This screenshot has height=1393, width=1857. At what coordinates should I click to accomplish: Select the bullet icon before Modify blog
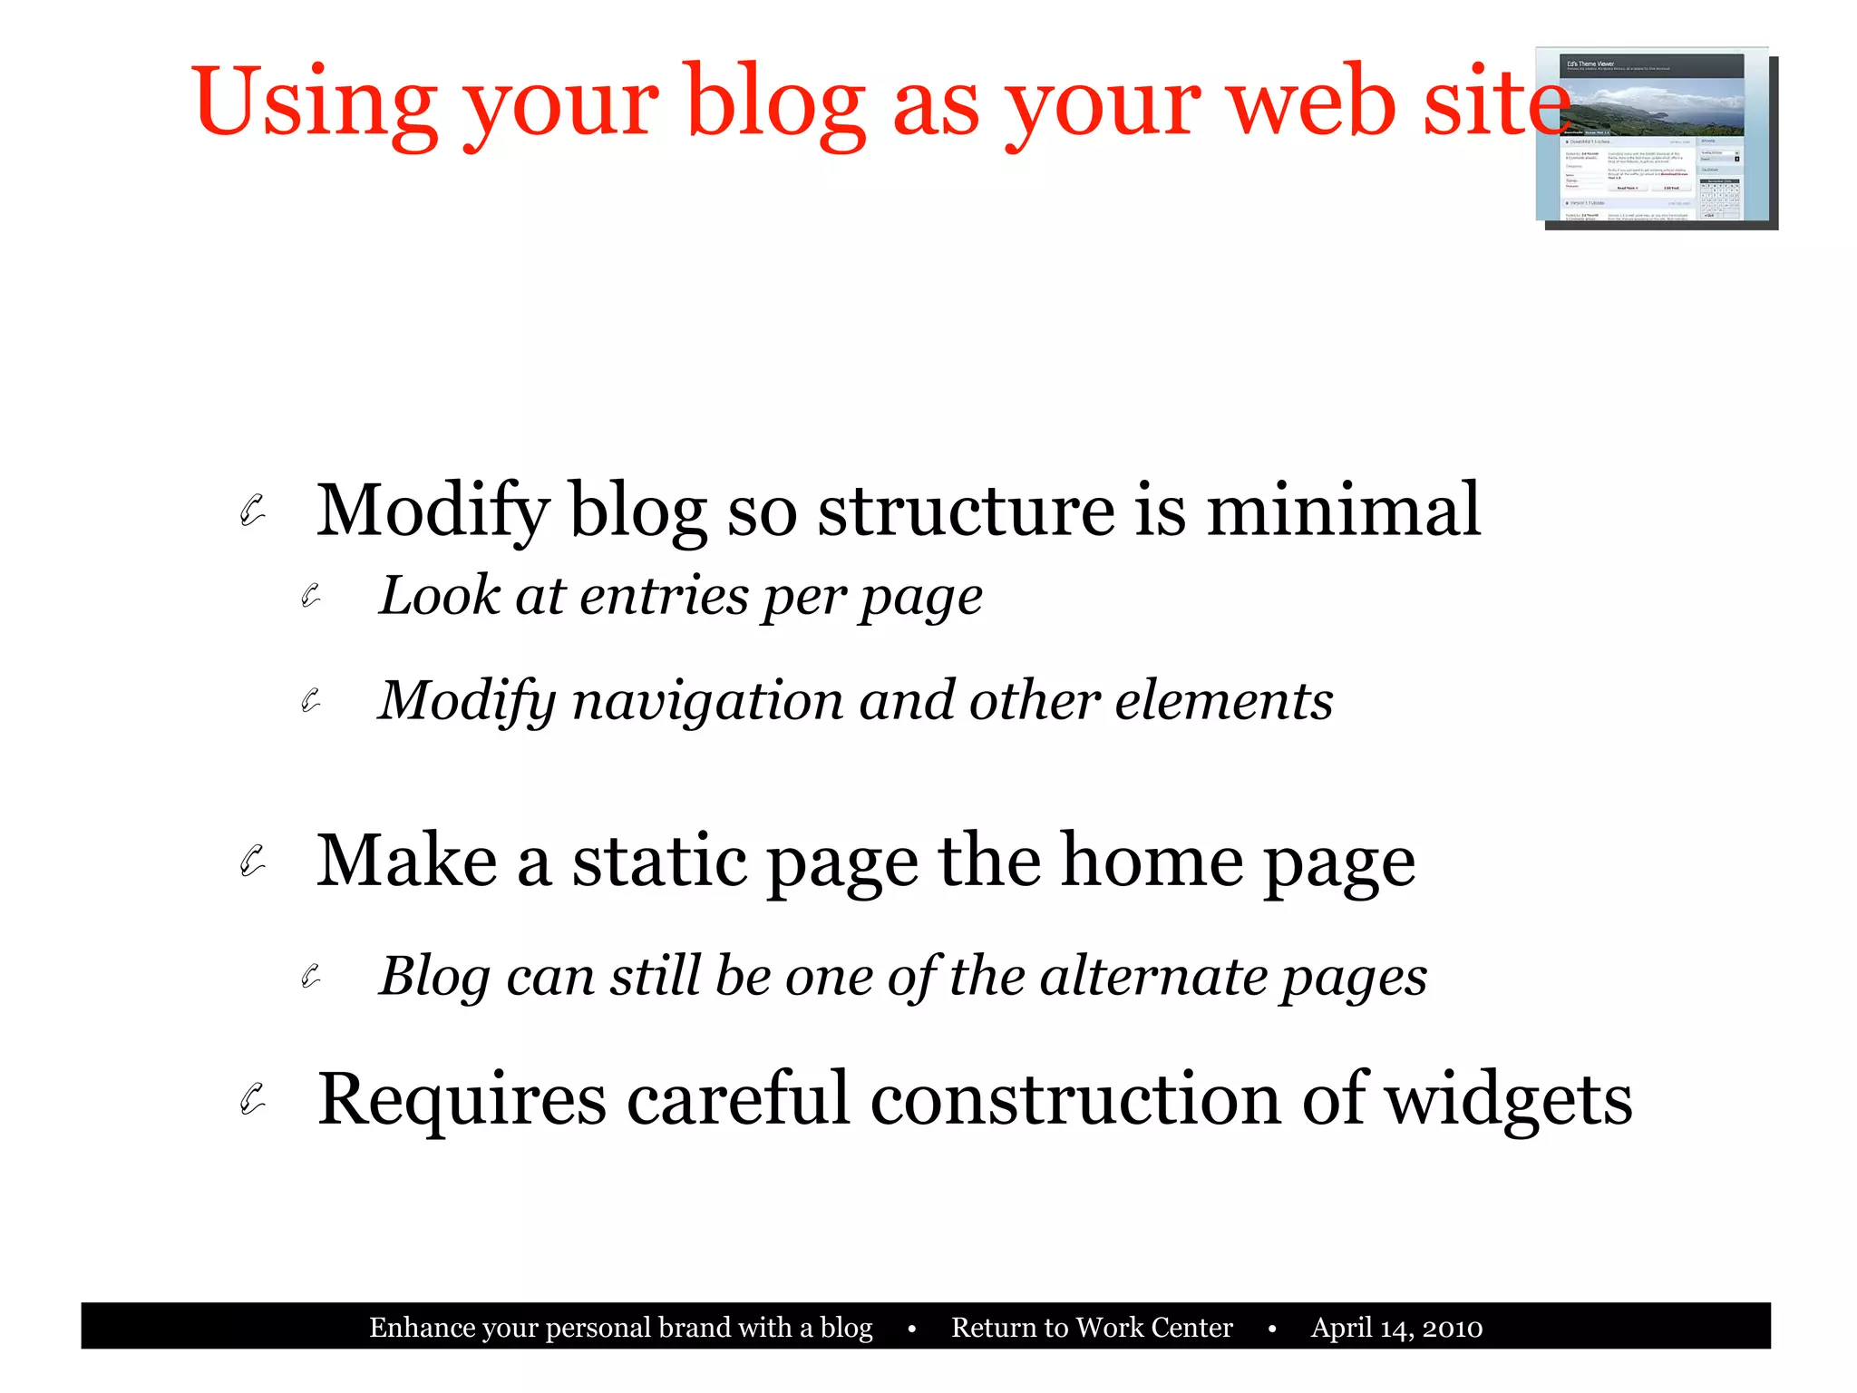click(252, 510)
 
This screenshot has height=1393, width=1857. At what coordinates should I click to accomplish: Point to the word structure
click(966, 510)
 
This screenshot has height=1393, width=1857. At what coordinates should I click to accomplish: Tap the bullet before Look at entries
click(311, 596)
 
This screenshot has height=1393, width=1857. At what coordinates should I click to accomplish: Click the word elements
click(1223, 701)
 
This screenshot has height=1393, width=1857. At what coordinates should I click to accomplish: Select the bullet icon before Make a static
click(252, 861)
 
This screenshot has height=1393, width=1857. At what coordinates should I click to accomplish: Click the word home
click(1152, 861)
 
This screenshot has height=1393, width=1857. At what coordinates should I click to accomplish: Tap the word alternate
click(1152, 977)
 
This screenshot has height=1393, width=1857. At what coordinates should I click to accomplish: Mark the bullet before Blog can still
click(311, 977)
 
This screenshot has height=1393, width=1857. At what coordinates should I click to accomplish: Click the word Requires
click(462, 1099)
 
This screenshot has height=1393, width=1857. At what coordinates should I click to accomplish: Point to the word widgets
click(1509, 1099)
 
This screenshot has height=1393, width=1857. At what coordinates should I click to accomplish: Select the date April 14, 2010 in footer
click(1396, 1328)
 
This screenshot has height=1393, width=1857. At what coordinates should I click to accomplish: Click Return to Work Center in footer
click(1092, 1328)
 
